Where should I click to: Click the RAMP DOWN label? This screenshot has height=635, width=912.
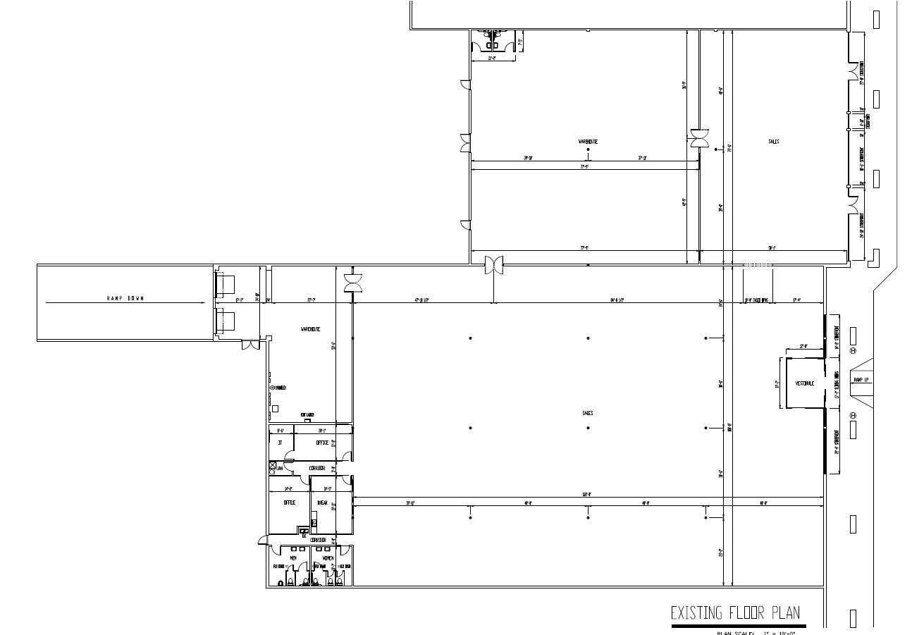pos(125,299)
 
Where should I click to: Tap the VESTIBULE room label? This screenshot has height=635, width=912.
pos(805,383)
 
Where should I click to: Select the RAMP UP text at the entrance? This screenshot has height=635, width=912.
pos(861,380)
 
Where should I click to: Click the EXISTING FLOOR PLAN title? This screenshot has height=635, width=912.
pos(735,612)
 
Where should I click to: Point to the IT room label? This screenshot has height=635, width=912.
pos(280,443)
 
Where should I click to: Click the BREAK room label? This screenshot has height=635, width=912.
pos(322,503)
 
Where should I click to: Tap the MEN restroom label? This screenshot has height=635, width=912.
pos(292,558)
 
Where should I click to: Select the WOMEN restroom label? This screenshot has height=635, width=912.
pos(328,558)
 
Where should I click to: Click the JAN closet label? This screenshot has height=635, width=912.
pos(279,467)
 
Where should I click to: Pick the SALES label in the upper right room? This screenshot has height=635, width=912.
pos(773,142)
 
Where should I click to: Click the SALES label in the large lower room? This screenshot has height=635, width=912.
pos(587,413)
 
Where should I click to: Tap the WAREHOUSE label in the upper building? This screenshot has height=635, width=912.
pos(588,142)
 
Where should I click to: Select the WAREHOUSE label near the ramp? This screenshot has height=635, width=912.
pos(310,329)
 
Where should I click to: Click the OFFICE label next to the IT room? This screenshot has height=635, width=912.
pos(322,443)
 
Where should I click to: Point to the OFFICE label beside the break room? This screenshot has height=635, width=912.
pos(289,503)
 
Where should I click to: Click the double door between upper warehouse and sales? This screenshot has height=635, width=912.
pos(699,138)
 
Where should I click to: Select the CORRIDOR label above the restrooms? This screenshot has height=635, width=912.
pos(318,540)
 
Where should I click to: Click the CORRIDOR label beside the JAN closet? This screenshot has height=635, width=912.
pos(316,467)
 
